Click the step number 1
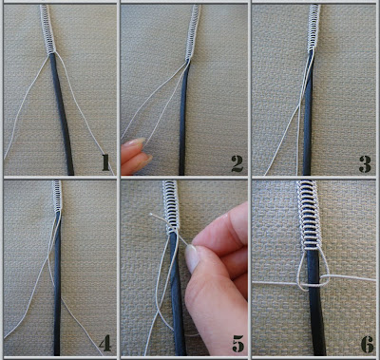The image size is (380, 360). (105, 163)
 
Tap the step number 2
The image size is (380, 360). (237, 163)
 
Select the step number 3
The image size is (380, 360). (365, 163)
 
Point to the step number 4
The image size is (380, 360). (105, 343)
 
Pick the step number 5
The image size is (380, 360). (237, 344)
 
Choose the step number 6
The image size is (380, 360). (368, 344)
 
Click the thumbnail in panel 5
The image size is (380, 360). (192, 258)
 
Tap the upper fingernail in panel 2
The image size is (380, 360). (137, 142)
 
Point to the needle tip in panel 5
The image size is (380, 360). (151, 215)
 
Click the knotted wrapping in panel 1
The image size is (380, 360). (47, 29)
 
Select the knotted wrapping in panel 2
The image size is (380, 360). (194, 31)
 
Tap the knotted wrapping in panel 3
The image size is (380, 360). (313, 28)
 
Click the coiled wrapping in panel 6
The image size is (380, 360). (309, 216)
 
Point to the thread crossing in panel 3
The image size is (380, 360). (299, 108)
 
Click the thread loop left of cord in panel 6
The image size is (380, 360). (302, 269)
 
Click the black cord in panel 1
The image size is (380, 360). (62, 114)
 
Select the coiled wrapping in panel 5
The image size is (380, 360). (171, 206)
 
